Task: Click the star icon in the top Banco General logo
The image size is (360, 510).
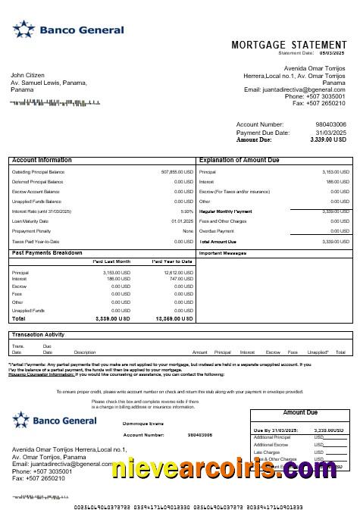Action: [23, 30]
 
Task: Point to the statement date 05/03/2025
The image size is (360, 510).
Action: [330, 53]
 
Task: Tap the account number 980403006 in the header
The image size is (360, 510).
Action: [330, 124]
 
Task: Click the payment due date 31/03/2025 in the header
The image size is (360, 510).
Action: [330, 133]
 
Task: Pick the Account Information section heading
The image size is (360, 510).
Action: [42, 161]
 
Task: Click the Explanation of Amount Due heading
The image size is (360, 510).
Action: [239, 161]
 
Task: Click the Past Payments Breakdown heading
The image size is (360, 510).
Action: [47, 252]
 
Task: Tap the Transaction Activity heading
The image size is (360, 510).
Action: [39, 334]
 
